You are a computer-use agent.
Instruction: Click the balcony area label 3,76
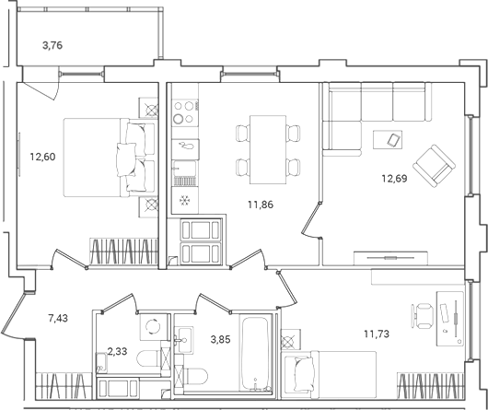pos(57,43)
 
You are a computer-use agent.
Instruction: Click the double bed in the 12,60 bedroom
pos(101,157)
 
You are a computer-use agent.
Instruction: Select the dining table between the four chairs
pos(268,148)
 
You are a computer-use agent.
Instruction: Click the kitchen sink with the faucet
pos(185,146)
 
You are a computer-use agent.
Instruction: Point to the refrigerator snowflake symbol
pos(184,201)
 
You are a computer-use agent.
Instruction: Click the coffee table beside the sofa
pos(390,140)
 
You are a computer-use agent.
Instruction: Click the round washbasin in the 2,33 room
pos(149,326)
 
